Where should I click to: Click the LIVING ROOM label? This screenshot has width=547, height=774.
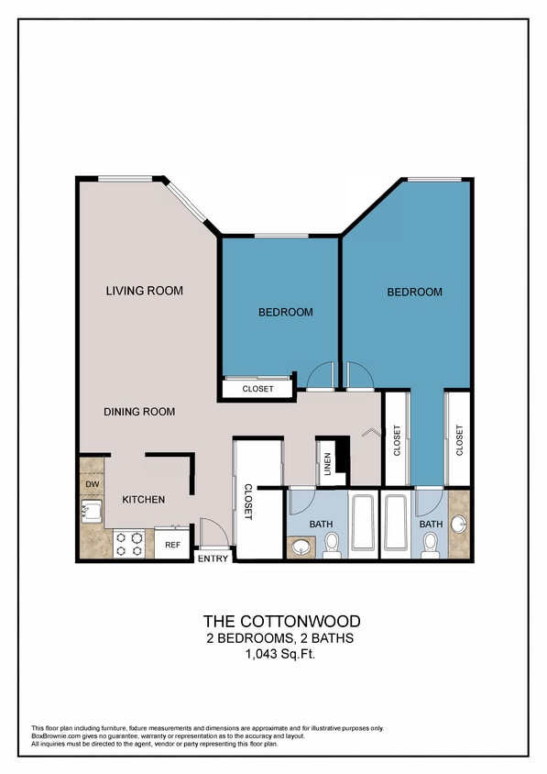[x=145, y=291]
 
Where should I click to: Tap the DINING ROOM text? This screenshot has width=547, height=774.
[x=139, y=412]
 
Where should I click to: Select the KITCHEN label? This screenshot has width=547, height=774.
[x=144, y=500]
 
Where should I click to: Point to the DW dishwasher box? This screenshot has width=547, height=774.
[x=92, y=483]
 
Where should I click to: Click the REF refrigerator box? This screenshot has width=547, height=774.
[x=172, y=545]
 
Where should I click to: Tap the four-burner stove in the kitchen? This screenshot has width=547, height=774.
[x=129, y=545]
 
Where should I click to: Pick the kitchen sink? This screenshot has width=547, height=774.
[x=92, y=512]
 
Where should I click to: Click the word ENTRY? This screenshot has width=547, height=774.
[x=213, y=559]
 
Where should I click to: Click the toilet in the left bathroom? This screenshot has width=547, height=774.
[x=332, y=545]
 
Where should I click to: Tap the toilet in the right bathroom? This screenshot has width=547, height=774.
[x=431, y=545]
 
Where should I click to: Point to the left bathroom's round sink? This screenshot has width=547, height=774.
[x=300, y=548]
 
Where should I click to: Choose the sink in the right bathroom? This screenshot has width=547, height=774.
[x=458, y=525]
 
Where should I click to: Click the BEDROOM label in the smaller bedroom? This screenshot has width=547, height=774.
[x=285, y=312]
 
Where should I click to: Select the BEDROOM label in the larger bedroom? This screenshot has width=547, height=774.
[x=414, y=292]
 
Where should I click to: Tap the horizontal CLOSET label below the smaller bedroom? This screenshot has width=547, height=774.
[x=257, y=389]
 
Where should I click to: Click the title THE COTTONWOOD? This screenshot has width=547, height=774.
[x=281, y=621]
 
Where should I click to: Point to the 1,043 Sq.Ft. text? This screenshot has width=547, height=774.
[x=281, y=654]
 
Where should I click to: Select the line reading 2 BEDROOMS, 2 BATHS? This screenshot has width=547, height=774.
[x=281, y=637]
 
